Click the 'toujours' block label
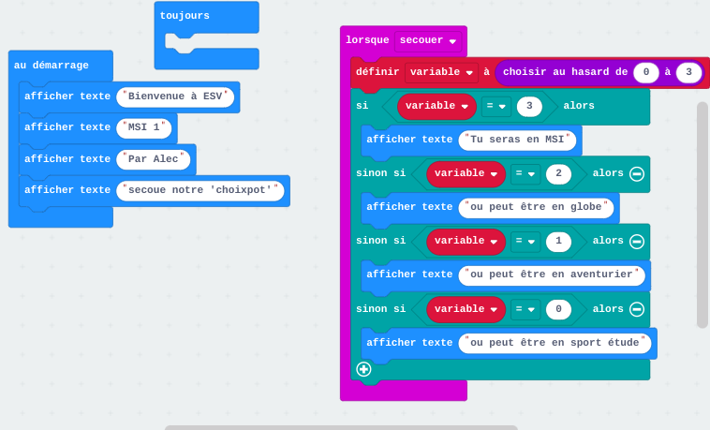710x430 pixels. point(185,16)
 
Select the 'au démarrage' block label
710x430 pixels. point(52,66)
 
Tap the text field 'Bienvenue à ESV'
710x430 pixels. point(175,96)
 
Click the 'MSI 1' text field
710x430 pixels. point(144,127)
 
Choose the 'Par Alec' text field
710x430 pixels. point(153,159)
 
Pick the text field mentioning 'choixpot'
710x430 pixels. point(200,190)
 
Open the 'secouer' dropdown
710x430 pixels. point(428,40)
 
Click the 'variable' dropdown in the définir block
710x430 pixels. point(441,72)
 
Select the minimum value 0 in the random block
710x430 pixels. point(646,72)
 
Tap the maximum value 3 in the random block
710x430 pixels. point(688,72)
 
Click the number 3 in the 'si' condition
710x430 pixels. point(529,106)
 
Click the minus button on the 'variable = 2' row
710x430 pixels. point(637,173)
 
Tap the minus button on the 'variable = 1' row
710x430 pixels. point(637,241)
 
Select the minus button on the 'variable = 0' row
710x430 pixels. point(637,309)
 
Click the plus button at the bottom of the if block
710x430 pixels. point(363,369)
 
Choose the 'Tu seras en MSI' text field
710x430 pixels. point(517,140)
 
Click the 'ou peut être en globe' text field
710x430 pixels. point(536,207)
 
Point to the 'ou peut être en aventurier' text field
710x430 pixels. point(552,274)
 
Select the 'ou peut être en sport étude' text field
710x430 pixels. point(555,343)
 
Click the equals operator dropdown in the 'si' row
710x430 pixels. point(496,106)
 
